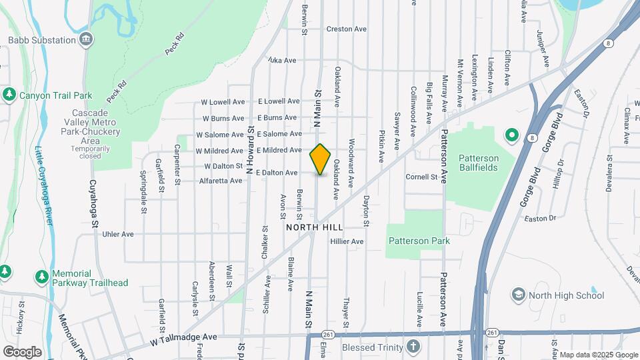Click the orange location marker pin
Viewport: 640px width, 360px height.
pos(320,159)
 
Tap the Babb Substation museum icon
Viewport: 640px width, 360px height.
pos(86,40)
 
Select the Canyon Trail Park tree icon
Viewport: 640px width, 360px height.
pos(9,95)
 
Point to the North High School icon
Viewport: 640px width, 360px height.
pos(518,294)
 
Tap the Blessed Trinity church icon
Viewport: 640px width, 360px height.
pos(413,347)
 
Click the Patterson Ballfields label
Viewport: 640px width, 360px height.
pos(479,163)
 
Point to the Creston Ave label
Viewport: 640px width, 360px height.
pos(347,29)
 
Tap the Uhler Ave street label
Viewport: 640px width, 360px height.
pos(118,234)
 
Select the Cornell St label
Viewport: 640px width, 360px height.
pos(421,177)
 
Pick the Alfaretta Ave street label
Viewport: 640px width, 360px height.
pos(221,181)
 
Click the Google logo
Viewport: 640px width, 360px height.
pos(22,351)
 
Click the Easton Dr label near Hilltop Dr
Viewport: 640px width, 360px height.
pos(540,218)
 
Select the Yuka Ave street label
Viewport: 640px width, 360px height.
pos(281,60)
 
